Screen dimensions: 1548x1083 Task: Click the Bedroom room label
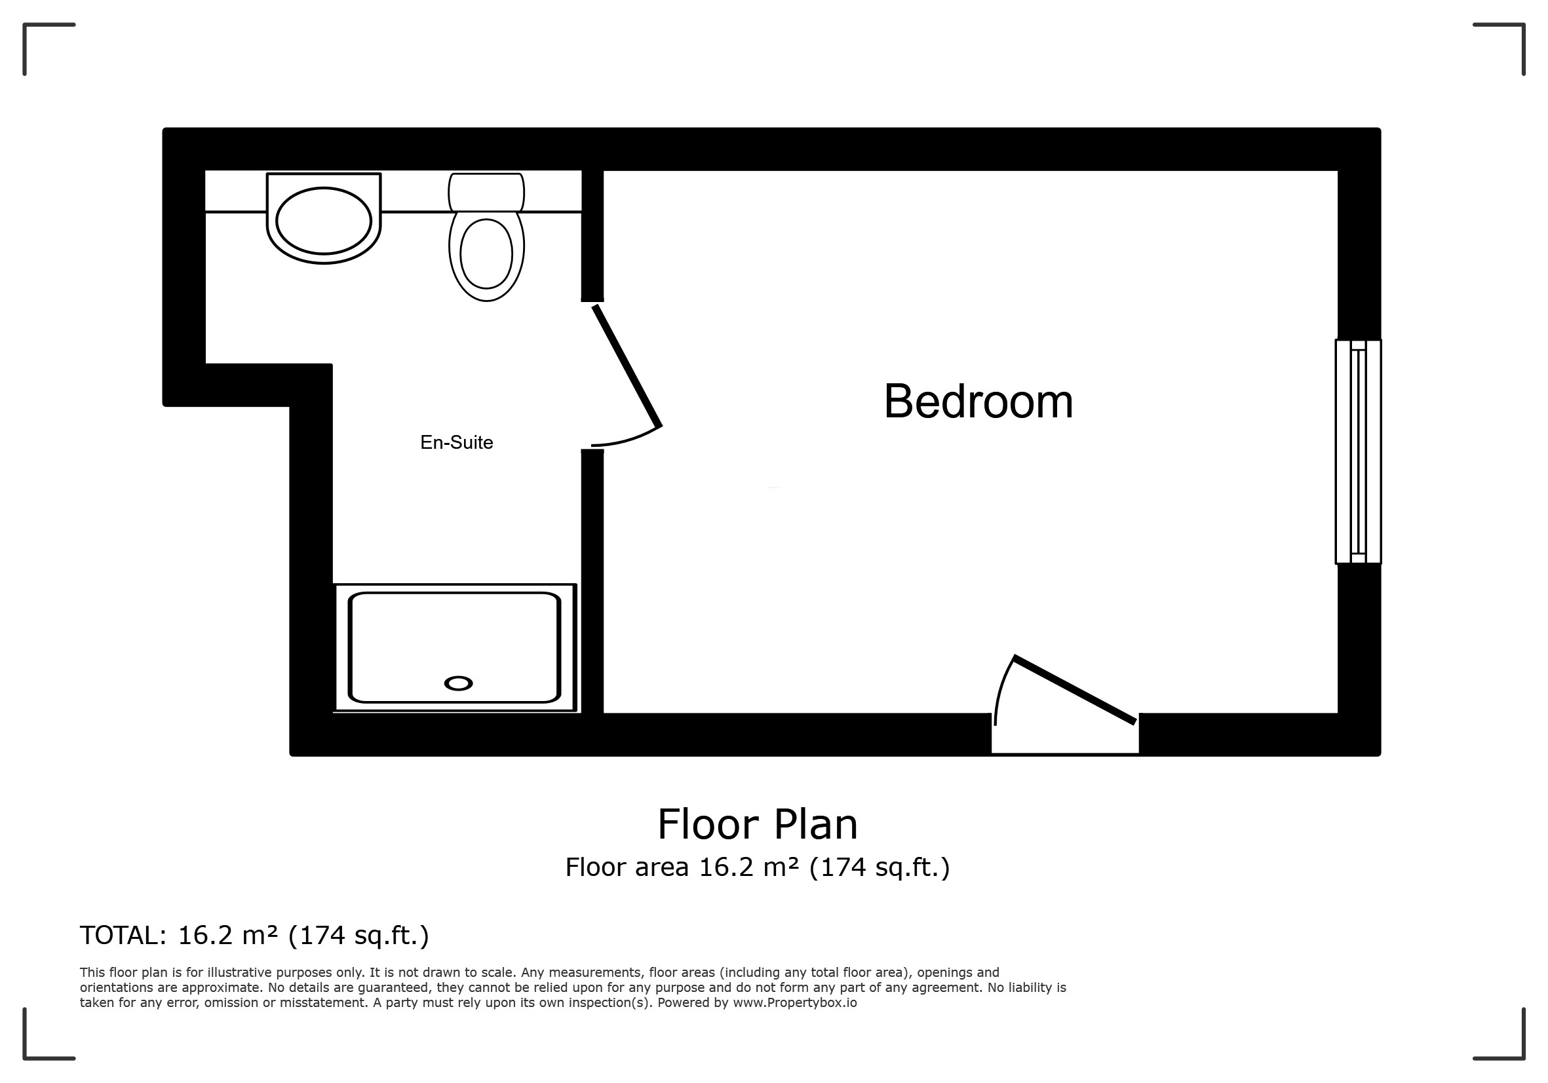pyautogui.click(x=978, y=402)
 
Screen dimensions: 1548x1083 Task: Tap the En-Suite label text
pyautogui.click(x=456, y=443)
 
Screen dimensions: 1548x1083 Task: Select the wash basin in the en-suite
pyautogui.click(x=324, y=218)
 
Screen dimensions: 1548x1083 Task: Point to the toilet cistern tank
pyautogui.click(x=486, y=192)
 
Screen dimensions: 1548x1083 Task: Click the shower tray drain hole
pyautogui.click(x=459, y=683)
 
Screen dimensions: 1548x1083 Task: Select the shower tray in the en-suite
pyautogui.click(x=455, y=647)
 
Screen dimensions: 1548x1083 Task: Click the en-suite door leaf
pyautogui.click(x=627, y=366)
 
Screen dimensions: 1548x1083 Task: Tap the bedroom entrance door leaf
pyautogui.click(x=1075, y=689)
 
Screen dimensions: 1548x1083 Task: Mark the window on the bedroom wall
pyautogui.click(x=1358, y=451)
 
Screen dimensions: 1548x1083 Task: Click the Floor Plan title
pyautogui.click(x=757, y=824)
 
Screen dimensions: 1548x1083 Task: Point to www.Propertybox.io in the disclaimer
pyautogui.click(x=795, y=1003)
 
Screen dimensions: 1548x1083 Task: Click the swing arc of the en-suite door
pyautogui.click(x=627, y=438)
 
